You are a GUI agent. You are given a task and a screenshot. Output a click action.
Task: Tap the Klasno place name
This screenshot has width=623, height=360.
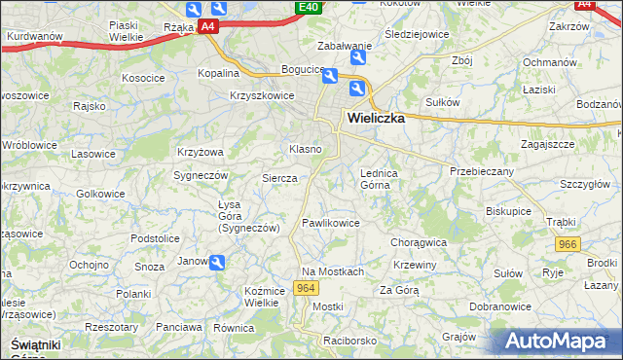point(305,149)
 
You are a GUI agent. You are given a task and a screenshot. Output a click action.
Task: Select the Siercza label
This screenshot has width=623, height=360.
point(279,178)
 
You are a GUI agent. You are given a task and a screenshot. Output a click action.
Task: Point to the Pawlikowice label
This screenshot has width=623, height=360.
point(331,223)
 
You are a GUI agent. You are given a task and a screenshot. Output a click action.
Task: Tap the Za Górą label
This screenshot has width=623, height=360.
point(399,290)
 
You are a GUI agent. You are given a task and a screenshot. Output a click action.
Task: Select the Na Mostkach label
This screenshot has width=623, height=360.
point(333,271)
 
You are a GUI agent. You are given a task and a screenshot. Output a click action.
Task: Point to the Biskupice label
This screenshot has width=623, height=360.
point(509,209)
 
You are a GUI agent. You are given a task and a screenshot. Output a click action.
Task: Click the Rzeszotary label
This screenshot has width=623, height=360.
point(112,328)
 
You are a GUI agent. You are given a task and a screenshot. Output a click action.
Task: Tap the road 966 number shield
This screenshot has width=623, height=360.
point(566,247)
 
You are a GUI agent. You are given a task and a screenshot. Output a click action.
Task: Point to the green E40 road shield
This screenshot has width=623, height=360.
point(309,8)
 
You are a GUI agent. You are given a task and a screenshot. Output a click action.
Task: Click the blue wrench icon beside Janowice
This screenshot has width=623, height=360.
point(217,262)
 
